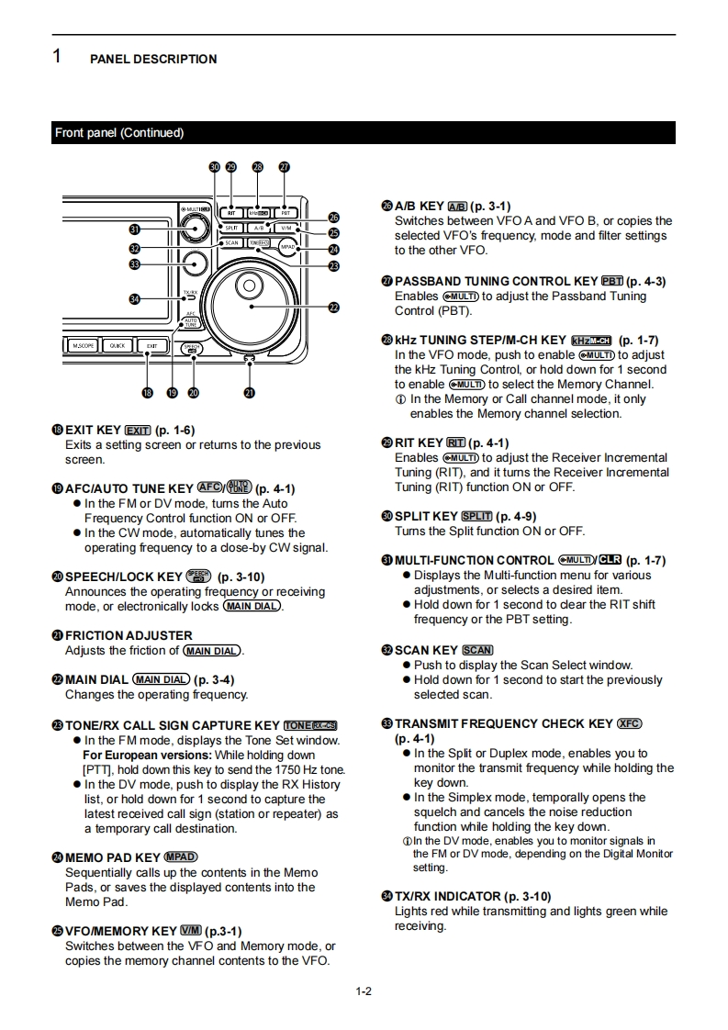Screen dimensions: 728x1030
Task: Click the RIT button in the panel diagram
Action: coord(231,212)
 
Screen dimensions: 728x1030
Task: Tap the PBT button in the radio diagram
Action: coord(286,212)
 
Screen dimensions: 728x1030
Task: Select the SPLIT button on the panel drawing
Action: coord(231,228)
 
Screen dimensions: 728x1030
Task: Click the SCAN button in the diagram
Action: coord(231,243)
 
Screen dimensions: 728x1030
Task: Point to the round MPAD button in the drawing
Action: coord(287,247)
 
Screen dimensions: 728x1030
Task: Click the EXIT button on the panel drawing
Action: coord(151,346)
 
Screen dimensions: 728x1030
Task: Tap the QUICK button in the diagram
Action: coord(117,346)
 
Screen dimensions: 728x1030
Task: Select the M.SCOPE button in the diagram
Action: coord(82,346)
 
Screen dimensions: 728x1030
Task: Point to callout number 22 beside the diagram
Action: coord(334,308)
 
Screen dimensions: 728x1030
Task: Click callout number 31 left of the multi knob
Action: coord(135,229)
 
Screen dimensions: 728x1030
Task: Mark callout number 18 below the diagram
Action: coord(147,393)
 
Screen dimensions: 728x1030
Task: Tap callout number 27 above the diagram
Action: coord(285,167)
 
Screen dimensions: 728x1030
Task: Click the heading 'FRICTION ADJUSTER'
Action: coord(129,635)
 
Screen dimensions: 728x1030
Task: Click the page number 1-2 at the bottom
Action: coord(364,991)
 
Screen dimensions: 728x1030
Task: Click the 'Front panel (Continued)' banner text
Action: coord(119,133)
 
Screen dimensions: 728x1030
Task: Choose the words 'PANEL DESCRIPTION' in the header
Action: coord(153,59)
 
